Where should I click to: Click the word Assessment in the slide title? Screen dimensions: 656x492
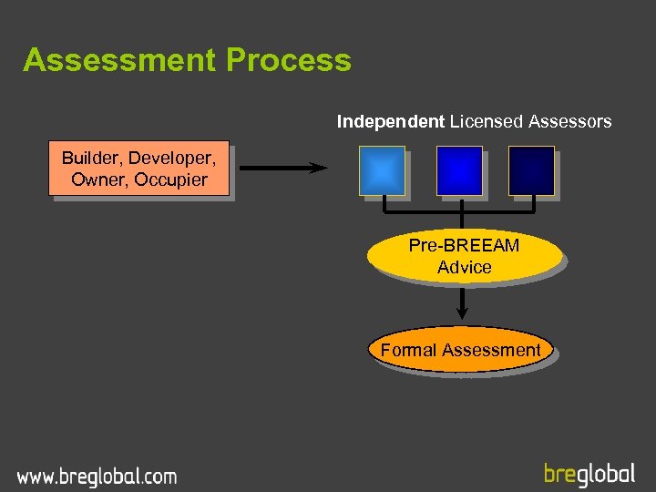click(x=119, y=60)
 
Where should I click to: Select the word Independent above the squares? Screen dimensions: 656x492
click(x=391, y=121)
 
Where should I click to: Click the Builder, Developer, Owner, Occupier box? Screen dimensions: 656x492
click(x=138, y=169)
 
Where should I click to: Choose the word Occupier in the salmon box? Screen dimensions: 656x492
click(x=171, y=179)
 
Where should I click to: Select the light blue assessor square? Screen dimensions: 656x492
click(x=383, y=170)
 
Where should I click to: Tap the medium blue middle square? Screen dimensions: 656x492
click(x=459, y=170)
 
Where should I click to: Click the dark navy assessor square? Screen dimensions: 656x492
click(x=532, y=170)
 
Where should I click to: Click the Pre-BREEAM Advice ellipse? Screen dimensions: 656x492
click(x=464, y=257)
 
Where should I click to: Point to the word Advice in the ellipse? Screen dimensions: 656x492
click(x=464, y=268)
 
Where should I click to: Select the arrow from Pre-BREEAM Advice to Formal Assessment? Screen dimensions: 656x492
click(x=463, y=305)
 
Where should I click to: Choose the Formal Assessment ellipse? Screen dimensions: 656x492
click(x=461, y=350)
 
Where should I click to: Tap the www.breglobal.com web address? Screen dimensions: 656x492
click(x=97, y=476)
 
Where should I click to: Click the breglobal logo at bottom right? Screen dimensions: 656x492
click(x=589, y=474)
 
